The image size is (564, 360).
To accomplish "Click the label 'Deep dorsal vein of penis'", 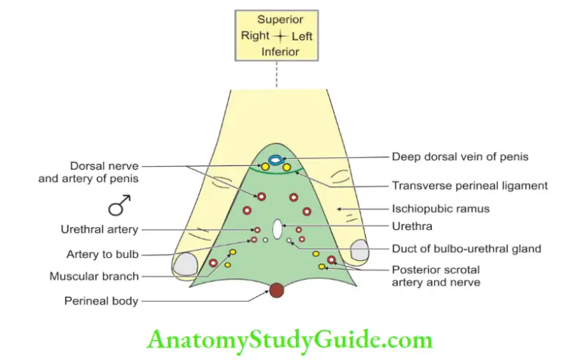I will pyautogui.click(x=460, y=156).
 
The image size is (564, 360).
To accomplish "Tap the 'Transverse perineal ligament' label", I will pyautogui.click(x=469, y=186).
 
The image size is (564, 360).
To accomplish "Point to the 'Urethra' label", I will pyautogui.click(x=412, y=227).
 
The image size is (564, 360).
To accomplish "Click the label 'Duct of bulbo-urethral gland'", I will pyautogui.click(x=466, y=248).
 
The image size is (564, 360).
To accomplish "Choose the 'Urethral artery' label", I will pyautogui.click(x=99, y=230).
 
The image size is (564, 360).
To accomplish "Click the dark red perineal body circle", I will pyautogui.click(x=276, y=290).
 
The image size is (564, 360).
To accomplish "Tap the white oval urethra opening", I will pyautogui.click(x=277, y=229).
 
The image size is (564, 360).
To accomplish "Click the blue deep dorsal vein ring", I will pyautogui.click(x=275, y=159).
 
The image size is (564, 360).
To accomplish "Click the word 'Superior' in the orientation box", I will pyautogui.click(x=277, y=19).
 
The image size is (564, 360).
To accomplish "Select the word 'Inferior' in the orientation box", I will pyautogui.click(x=277, y=51).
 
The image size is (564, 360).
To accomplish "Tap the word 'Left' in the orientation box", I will pyautogui.click(x=300, y=35).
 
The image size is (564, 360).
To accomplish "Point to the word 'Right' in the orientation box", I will pyautogui.click(x=255, y=35).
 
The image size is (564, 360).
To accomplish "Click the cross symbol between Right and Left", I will pyautogui.click(x=278, y=35).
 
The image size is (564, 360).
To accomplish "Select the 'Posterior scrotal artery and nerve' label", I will pyautogui.click(x=435, y=276).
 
